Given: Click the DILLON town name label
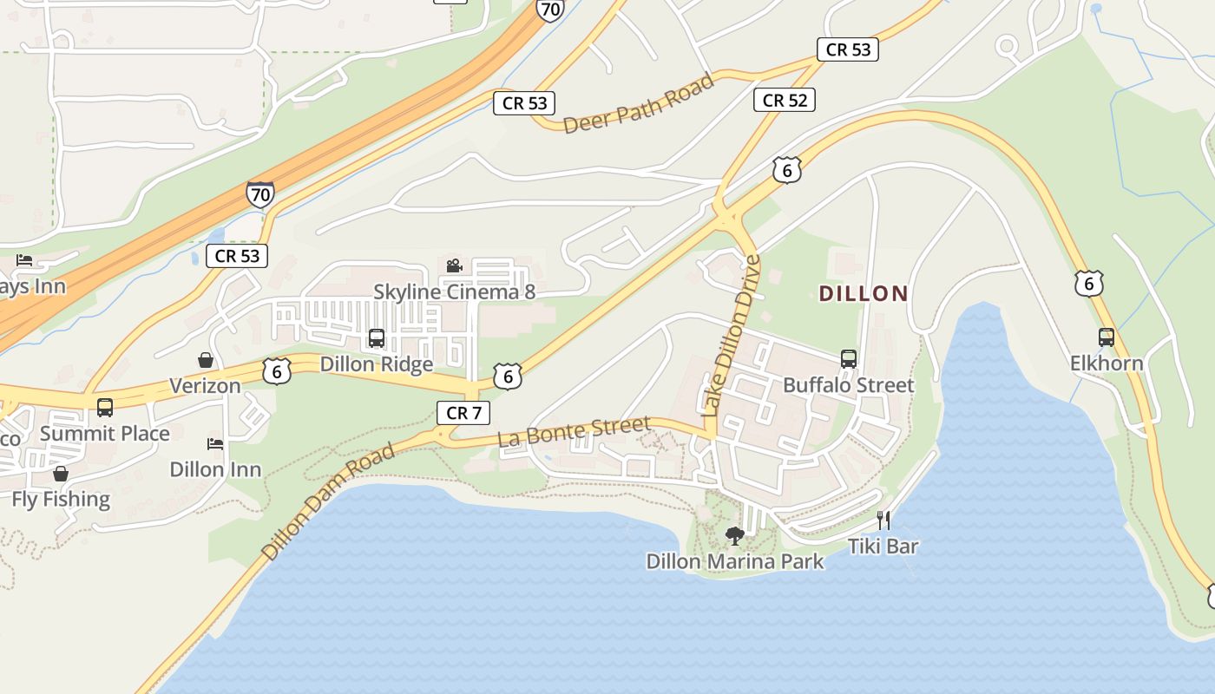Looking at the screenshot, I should point(864,293).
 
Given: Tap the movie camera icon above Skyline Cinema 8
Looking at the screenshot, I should point(453,266).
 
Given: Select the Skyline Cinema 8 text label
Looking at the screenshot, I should point(454,291).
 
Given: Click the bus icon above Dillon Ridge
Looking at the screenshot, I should point(377,338).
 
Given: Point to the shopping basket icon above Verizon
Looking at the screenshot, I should point(206,360).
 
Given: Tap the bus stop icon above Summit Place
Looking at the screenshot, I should point(105,407).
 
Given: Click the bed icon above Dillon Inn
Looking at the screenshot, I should point(215,444).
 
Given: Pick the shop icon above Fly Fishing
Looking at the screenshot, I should point(61,474).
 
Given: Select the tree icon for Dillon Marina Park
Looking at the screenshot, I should point(734,536).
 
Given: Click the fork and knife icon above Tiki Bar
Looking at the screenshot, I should point(883,520).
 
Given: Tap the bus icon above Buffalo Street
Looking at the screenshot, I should point(849,359).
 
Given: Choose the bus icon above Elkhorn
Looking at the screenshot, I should point(1107,337).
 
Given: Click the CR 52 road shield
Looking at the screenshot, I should point(785,101).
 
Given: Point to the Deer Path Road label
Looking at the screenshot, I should point(639,103).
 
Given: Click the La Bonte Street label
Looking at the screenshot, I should point(574,432).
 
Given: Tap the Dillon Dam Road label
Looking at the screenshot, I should point(329,501).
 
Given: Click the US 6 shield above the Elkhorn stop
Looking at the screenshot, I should point(1088,284).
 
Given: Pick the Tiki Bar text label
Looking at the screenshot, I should point(883,547).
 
